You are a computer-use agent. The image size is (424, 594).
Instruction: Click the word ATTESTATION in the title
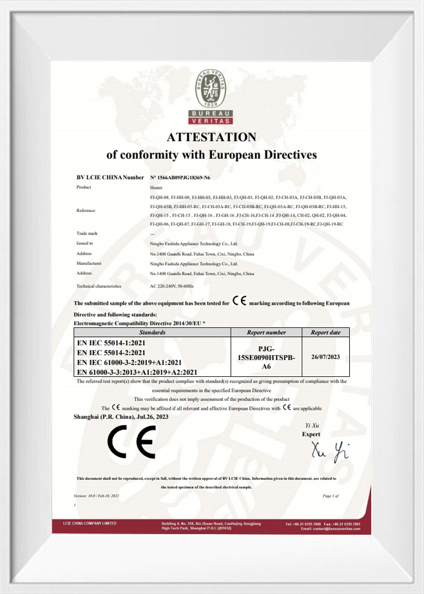tap(211, 137)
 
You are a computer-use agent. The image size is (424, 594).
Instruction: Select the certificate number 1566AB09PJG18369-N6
tap(184, 177)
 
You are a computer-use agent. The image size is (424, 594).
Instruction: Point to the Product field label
tap(84, 187)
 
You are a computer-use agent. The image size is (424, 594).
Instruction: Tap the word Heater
tap(156, 187)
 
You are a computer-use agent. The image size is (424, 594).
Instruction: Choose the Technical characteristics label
tap(99, 285)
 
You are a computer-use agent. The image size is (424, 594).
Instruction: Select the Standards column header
tap(153, 332)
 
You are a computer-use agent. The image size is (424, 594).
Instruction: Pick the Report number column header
tap(266, 332)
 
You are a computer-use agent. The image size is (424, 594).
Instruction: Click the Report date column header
tap(325, 332)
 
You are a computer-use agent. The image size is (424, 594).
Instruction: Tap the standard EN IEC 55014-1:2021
tap(111, 343)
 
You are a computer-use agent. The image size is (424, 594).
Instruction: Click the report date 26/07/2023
tap(325, 355)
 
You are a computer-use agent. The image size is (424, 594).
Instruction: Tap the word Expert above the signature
tap(311, 434)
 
